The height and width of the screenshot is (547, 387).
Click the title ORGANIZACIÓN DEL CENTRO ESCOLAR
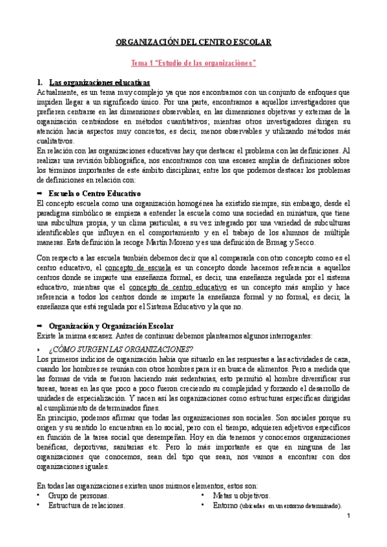(x=193, y=42)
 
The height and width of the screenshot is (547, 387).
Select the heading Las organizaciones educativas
(x=99, y=83)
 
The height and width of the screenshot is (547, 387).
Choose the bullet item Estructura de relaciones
(x=87, y=506)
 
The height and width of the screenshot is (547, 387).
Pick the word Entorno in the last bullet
(x=225, y=506)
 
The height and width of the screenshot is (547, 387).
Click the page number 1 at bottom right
(x=348, y=517)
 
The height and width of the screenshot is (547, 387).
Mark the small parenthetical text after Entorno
(x=290, y=507)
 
